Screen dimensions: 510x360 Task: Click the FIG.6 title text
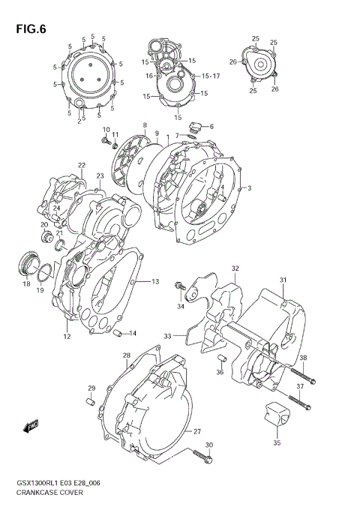(30, 30)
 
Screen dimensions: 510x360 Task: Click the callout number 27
(197, 431)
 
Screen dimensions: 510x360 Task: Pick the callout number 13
(155, 282)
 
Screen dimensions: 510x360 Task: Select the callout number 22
(81, 165)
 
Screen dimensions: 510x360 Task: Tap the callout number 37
(300, 386)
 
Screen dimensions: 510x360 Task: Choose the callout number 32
(235, 268)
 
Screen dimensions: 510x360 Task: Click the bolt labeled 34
(179, 286)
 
